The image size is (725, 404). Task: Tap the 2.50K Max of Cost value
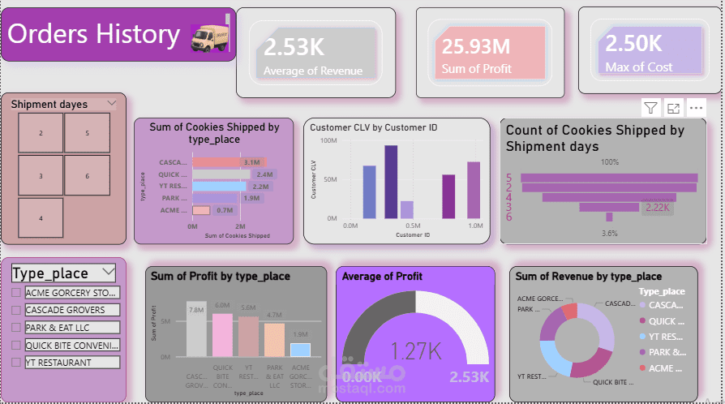633,44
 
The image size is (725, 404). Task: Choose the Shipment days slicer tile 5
87,132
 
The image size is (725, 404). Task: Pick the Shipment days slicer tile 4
41,218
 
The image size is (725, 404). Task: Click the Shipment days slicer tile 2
41,132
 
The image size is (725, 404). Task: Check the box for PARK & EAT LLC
15,327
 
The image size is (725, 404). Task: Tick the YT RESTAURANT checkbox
15,363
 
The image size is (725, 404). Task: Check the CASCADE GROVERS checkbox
15,310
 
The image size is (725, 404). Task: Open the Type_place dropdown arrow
107,272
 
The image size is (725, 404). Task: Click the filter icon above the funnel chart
650,108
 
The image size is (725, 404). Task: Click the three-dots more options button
696,108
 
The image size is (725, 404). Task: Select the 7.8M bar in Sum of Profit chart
196,333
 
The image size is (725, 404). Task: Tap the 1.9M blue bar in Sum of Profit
300,350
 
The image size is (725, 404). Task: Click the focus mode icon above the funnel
673,108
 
